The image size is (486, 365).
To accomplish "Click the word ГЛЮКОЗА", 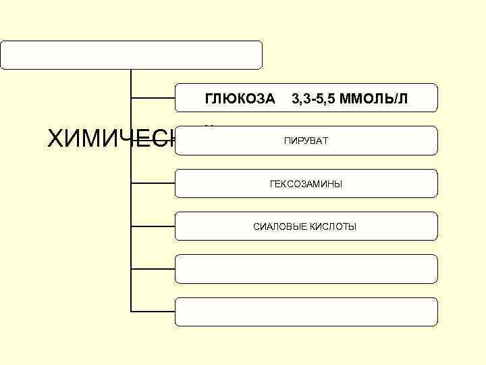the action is coord(240,99).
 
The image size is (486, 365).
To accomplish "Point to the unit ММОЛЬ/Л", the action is coord(374,99).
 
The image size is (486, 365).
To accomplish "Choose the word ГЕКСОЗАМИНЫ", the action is coord(306,184).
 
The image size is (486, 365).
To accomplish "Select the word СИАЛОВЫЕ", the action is coord(279,226).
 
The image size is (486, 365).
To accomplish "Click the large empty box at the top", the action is coord(131,55).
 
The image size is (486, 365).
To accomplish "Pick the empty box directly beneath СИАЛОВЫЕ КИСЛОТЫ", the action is coord(306,268).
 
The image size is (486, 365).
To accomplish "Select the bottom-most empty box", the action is coord(306,311).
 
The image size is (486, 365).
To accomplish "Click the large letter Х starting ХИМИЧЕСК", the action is coord(57,139).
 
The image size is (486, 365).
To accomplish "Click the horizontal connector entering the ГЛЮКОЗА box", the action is coord(153,98).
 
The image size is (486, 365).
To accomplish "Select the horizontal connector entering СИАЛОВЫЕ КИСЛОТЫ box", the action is coord(153,226).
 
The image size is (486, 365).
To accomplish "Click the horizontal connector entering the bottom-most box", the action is coord(153,312).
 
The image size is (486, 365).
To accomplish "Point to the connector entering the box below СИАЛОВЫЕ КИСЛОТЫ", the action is coord(153,269).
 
